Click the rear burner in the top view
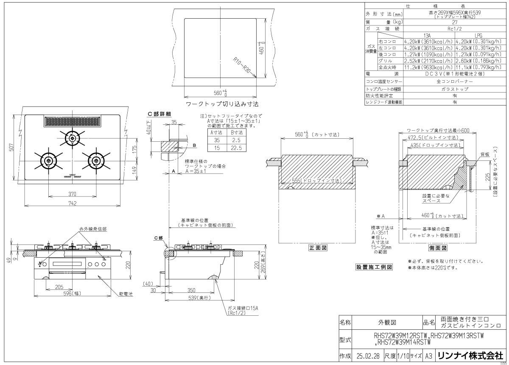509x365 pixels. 72,138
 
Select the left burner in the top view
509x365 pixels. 48,160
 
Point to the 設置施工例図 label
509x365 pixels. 375,267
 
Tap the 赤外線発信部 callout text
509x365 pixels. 92,229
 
